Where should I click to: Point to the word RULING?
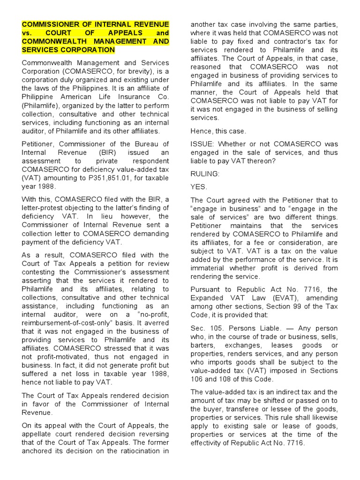pyautogui.click(x=205, y=173)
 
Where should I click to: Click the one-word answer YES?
pyautogui.click(x=199, y=187)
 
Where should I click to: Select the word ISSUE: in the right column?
pyautogui.click(x=202, y=143)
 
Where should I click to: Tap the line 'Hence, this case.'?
pyautogui.click(x=218, y=131)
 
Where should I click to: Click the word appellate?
pyautogui.click(x=39, y=434)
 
